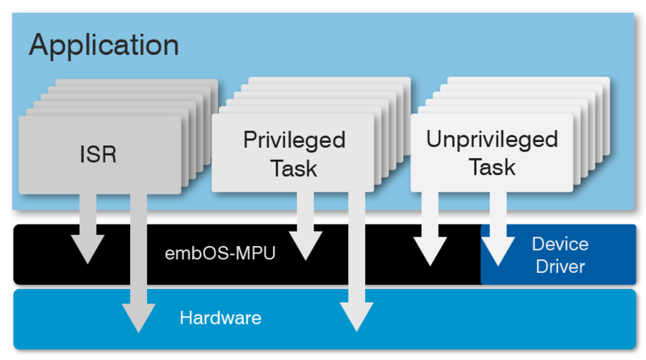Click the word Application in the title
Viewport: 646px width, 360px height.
coord(103,44)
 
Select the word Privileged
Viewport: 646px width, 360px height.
coord(294,140)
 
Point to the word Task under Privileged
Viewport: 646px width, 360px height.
coord(294,169)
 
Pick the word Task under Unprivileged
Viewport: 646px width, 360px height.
coord(492,167)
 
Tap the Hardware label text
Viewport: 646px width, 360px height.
coord(220,317)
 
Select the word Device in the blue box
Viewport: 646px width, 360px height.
coord(560,243)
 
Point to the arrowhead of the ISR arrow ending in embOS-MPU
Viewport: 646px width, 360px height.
coord(87,251)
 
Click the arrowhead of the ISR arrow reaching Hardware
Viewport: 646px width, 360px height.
coord(139,318)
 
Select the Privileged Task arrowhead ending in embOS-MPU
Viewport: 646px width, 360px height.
coord(304,247)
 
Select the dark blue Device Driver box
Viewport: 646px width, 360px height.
coord(560,254)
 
